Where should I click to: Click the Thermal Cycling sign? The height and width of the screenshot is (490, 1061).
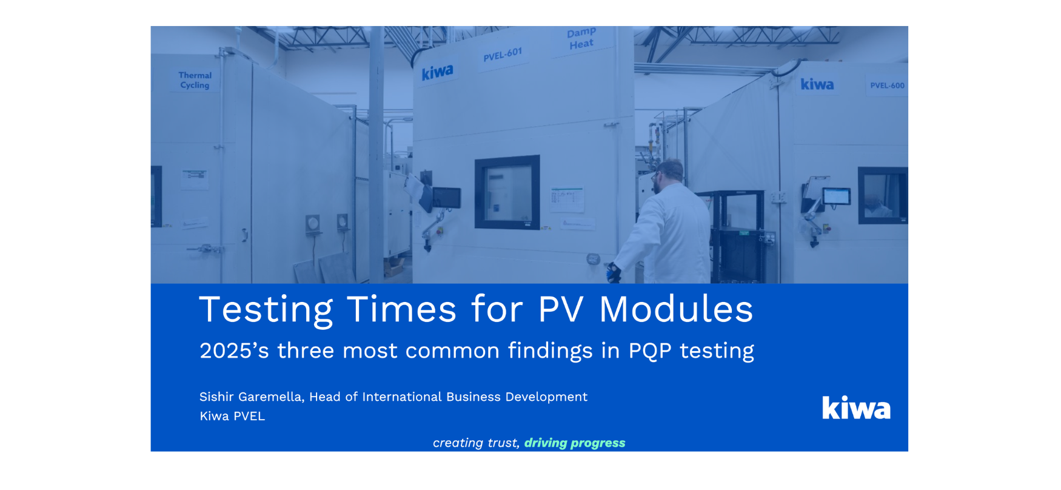click(195, 80)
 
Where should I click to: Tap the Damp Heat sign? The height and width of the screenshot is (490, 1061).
click(581, 39)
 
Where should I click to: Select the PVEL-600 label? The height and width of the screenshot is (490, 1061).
click(887, 86)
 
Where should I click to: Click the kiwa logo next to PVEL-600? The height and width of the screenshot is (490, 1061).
click(817, 84)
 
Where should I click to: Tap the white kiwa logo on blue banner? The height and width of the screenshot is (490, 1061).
click(856, 408)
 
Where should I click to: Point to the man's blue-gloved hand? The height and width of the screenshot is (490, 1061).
click(614, 274)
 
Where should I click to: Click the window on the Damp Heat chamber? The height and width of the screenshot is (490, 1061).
click(507, 192)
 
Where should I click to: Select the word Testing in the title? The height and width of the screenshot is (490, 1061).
click(266, 310)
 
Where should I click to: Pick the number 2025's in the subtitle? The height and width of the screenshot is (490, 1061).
click(234, 351)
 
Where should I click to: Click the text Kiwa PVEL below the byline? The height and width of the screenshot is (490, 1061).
click(232, 416)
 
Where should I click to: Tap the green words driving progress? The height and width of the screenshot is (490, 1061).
click(575, 443)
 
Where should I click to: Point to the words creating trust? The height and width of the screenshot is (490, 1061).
click(476, 443)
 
